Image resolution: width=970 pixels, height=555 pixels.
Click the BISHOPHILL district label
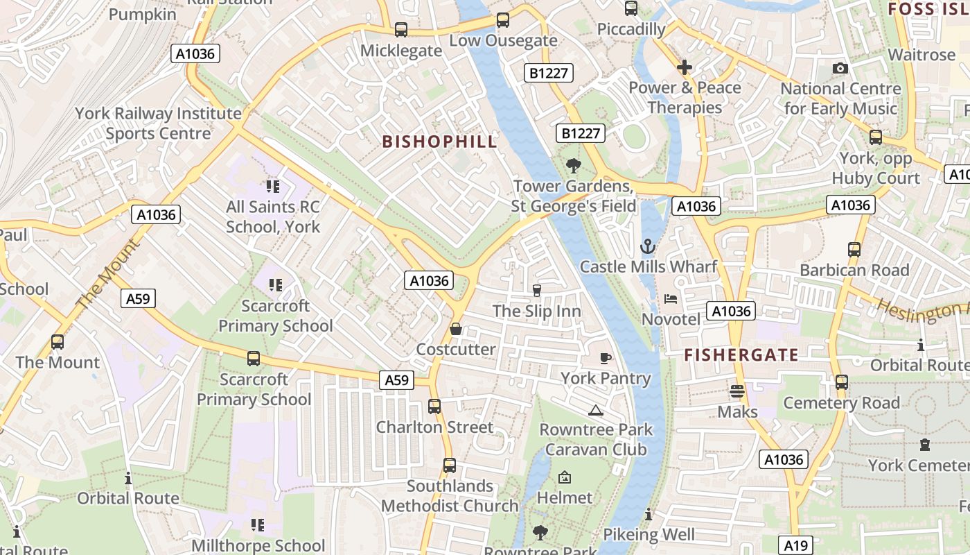[x=439, y=142]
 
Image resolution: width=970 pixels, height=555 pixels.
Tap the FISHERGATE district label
[x=741, y=355]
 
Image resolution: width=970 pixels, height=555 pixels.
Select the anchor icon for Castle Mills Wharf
[x=647, y=246]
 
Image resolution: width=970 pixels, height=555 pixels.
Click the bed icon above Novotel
[x=670, y=299]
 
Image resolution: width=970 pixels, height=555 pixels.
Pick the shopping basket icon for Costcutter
[x=456, y=329]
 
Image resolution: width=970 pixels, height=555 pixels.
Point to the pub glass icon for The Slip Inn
[x=536, y=290]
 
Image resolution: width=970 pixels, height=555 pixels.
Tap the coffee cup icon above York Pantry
[x=606, y=358]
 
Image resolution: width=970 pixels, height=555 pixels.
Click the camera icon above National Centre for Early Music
[x=840, y=68]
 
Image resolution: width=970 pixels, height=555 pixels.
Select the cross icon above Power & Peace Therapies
[x=685, y=67]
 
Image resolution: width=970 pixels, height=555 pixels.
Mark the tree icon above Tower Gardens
[x=573, y=166]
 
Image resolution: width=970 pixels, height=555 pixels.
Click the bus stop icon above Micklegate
[x=401, y=30]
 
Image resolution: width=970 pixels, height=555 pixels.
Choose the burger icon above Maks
[x=737, y=391]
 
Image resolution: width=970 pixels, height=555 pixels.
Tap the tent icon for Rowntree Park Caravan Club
[x=595, y=410]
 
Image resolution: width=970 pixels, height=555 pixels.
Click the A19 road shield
[x=797, y=545]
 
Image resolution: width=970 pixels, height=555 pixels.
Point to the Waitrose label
[x=921, y=54]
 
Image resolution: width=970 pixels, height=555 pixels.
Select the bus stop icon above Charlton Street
[x=434, y=407]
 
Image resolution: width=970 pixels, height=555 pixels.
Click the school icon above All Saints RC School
[x=273, y=186]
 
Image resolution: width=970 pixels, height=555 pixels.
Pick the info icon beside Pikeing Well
[x=648, y=514]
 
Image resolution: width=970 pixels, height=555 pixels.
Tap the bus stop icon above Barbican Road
[x=854, y=250]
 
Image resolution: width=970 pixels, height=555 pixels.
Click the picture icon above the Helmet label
[x=565, y=477]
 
